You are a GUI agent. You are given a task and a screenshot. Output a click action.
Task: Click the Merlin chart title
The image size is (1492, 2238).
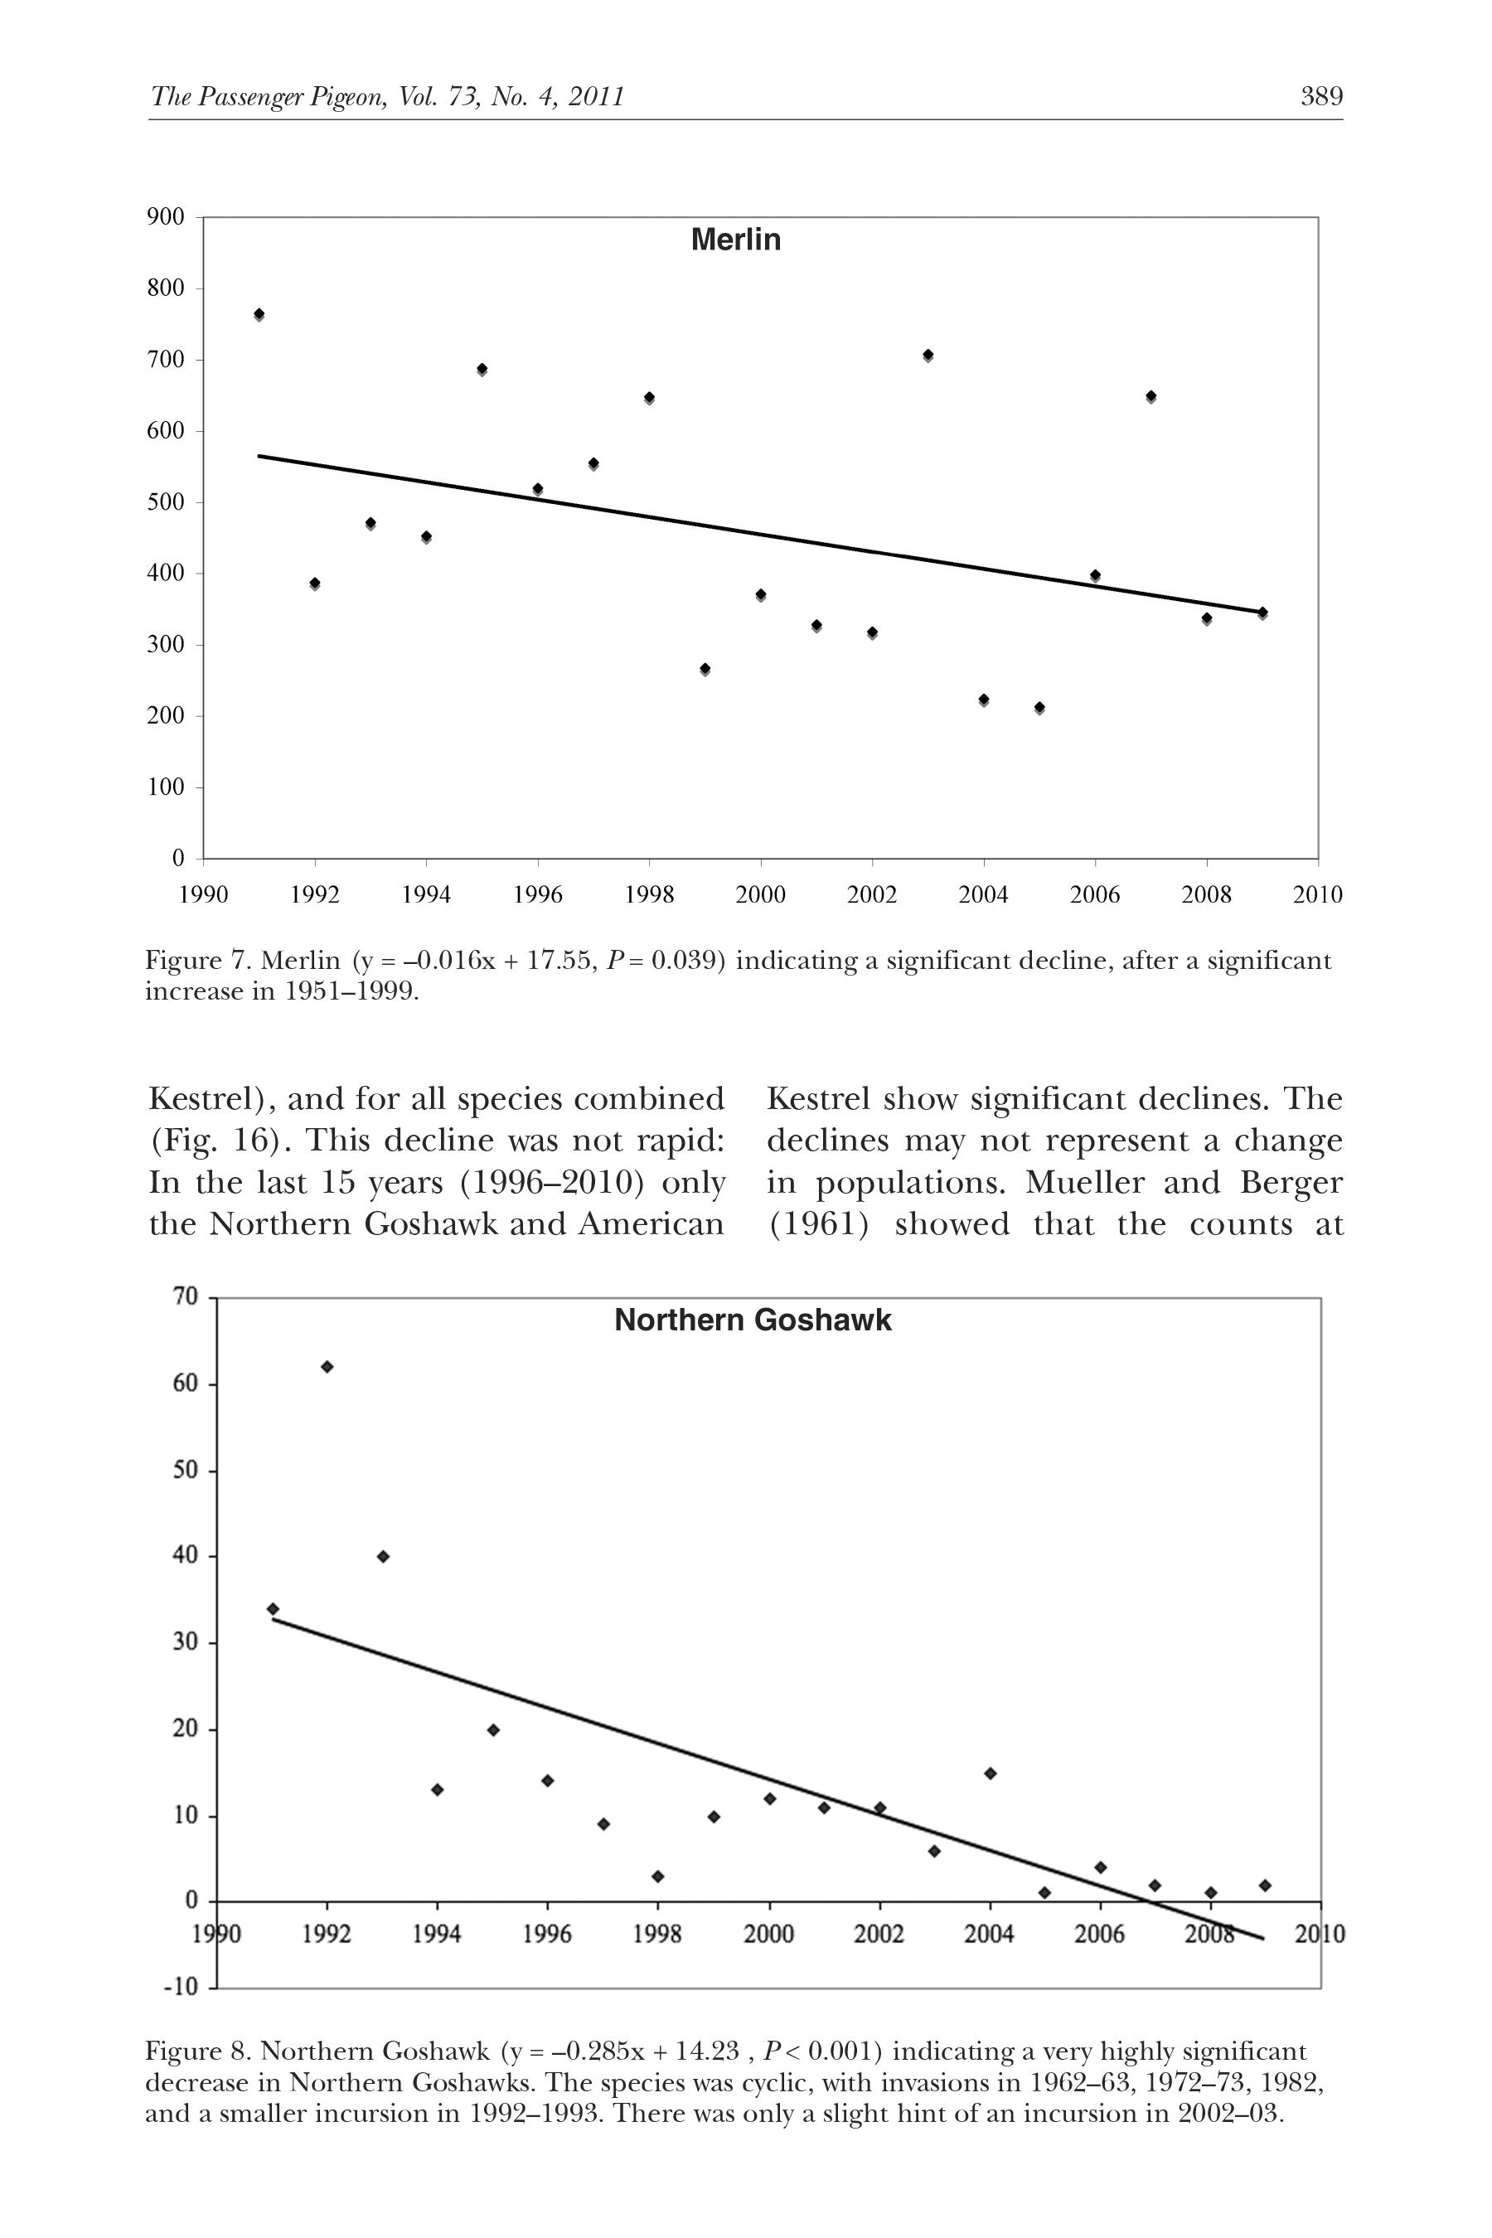(x=735, y=239)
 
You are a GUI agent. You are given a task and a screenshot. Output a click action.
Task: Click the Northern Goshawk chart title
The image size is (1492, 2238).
(x=753, y=1320)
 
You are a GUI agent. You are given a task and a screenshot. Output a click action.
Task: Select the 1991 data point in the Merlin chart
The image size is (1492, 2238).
(x=259, y=314)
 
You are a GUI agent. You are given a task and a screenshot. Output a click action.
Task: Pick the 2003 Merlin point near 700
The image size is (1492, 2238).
(x=928, y=355)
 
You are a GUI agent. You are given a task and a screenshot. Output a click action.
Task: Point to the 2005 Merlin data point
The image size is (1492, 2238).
(x=1039, y=707)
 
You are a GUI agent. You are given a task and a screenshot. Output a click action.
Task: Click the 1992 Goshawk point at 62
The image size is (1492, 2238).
(x=327, y=1366)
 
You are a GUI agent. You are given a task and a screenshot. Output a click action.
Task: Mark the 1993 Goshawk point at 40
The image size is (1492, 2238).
(x=382, y=1557)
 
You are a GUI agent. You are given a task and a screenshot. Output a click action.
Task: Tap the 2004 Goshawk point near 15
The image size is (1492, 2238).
(x=990, y=1774)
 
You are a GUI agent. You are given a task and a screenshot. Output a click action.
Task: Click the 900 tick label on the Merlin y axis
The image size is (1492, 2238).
(x=166, y=217)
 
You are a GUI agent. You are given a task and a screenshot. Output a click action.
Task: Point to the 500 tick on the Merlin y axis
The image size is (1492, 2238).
(x=166, y=502)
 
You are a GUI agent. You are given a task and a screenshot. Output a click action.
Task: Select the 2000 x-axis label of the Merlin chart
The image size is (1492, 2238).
(x=760, y=894)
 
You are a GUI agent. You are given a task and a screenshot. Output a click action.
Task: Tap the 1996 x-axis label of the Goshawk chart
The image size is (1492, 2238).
(x=547, y=1935)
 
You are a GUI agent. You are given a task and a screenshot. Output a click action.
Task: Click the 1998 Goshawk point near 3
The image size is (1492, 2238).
(x=657, y=1877)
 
